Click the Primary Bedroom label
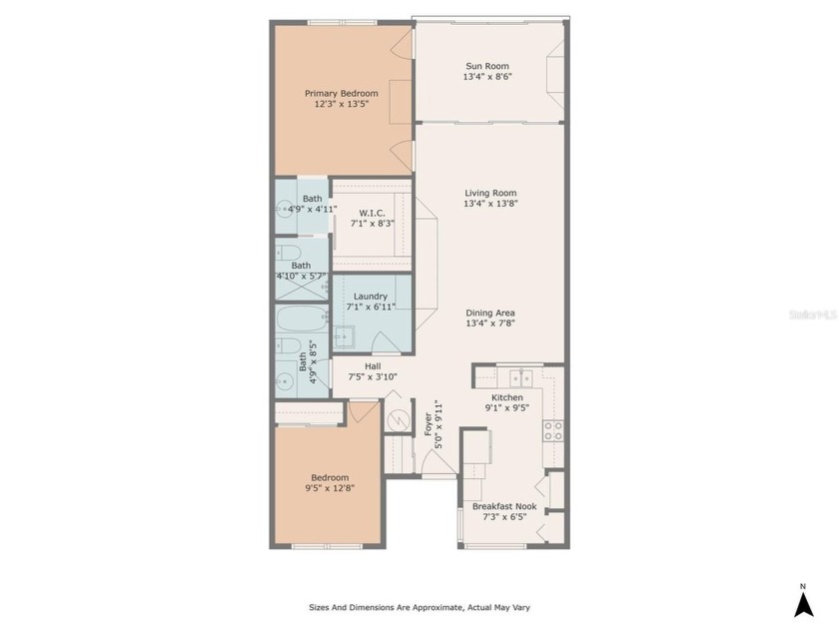[x=342, y=93]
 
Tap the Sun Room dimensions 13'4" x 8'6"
[x=487, y=77]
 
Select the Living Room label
[x=489, y=193]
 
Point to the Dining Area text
[x=489, y=313]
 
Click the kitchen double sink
[x=519, y=377]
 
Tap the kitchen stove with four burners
[x=552, y=430]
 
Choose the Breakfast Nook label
[x=503, y=506]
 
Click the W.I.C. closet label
[x=373, y=212]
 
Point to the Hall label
[x=373, y=365]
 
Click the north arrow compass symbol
[x=802, y=601]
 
